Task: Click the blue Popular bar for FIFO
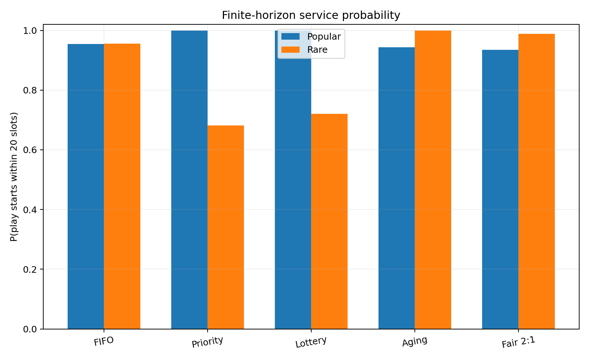(x=86, y=187)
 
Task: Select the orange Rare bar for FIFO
(x=122, y=186)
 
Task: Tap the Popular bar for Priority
(x=189, y=180)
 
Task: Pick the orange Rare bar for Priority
(x=226, y=227)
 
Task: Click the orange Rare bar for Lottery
(x=329, y=221)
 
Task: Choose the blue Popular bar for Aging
(x=397, y=188)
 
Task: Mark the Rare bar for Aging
(x=433, y=180)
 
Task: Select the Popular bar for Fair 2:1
(x=500, y=189)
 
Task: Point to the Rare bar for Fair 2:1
(x=536, y=181)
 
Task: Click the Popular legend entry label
(x=324, y=37)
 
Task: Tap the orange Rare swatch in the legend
(x=290, y=50)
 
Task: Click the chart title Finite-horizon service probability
(x=311, y=15)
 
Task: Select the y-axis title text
(x=14, y=177)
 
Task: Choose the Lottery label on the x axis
(x=311, y=342)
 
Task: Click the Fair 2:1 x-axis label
(x=518, y=342)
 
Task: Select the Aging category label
(x=415, y=341)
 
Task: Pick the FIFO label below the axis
(x=104, y=341)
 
